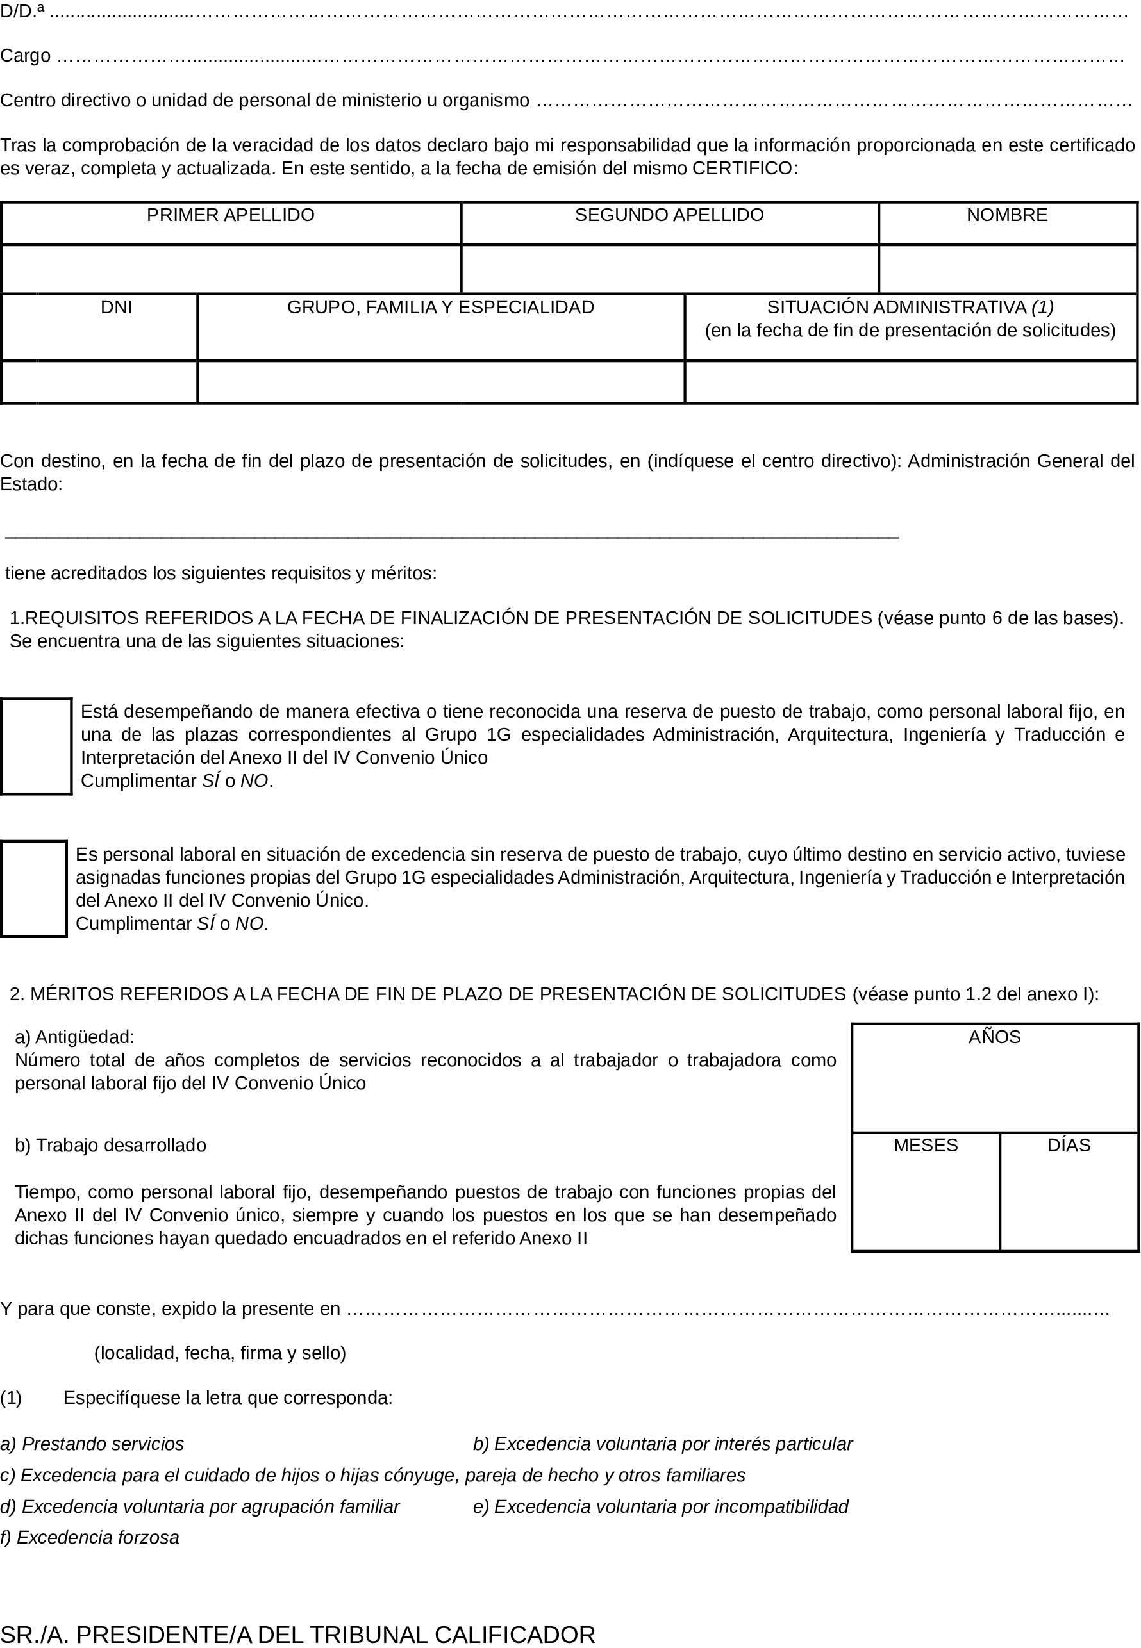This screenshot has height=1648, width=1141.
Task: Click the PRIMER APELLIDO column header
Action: [230, 215]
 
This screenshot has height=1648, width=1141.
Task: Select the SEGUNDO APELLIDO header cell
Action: [669, 215]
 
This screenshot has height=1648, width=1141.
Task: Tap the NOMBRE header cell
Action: [1006, 215]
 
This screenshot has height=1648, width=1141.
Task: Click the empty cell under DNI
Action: [99, 383]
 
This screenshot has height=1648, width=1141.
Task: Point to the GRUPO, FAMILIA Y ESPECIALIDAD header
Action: [440, 308]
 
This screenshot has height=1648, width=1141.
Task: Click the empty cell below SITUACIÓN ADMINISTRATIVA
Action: [910, 383]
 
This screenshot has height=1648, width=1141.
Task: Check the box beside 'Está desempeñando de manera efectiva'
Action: [36, 746]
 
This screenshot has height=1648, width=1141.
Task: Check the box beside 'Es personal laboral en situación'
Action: [33, 888]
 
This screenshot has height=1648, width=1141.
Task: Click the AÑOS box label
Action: [994, 1037]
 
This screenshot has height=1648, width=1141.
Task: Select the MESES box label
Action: [925, 1145]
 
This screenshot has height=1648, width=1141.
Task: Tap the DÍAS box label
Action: [1069, 1145]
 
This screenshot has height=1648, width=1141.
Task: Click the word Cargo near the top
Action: [25, 56]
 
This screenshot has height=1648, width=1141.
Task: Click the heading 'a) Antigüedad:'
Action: [74, 1037]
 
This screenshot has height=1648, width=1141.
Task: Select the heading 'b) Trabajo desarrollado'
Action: [110, 1145]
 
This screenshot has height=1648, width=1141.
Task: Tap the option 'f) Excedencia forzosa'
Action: [89, 1537]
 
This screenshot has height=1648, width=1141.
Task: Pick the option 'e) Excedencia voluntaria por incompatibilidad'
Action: [661, 1506]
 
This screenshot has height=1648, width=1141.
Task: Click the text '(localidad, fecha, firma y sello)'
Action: [221, 1353]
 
